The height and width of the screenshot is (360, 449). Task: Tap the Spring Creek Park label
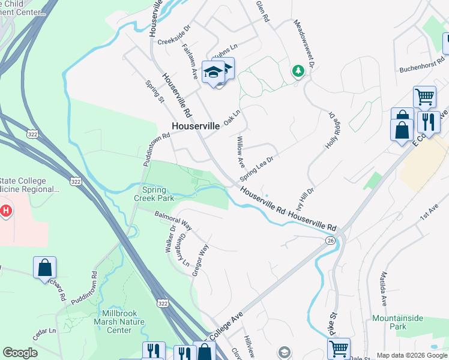click(x=157, y=193)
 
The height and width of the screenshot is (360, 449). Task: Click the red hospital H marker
click(x=6, y=211)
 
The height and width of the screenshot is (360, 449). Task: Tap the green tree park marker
click(x=298, y=71)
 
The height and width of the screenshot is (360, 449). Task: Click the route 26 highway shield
click(x=331, y=241)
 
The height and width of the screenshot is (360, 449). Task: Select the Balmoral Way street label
click(x=173, y=220)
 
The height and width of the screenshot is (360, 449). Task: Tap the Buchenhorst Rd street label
click(x=423, y=66)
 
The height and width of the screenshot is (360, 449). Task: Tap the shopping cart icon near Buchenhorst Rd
click(x=424, y=97)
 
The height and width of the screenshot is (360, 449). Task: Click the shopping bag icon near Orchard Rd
click(x=45, y=267)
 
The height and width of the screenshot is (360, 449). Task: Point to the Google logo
click(x=20, y=353)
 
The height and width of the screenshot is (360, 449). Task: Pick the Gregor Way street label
click(x=200, y=260)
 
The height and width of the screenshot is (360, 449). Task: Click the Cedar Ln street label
click(x=44, y=334)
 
